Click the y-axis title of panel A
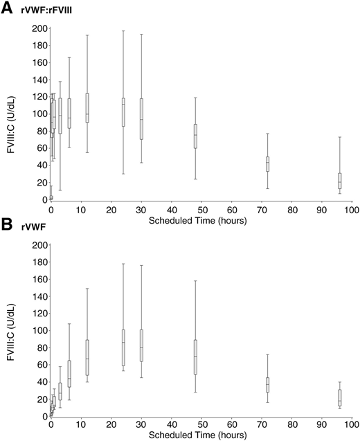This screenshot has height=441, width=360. [x=9, y=114]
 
